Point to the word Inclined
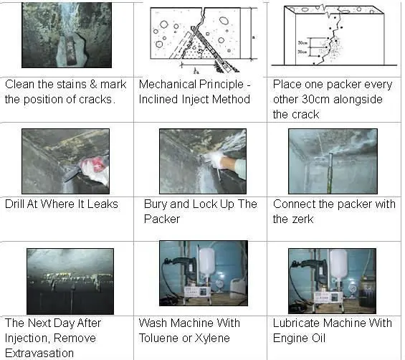(163, 99)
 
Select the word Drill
(16, 204)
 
